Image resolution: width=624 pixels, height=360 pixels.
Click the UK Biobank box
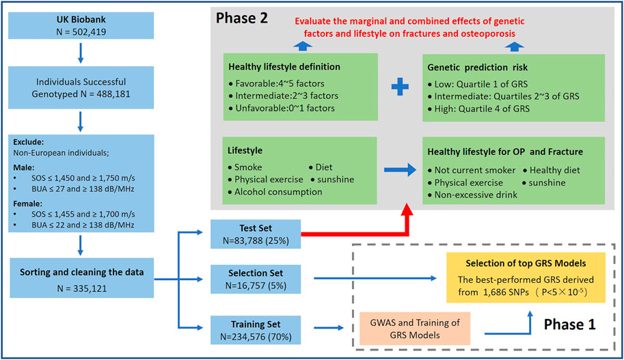point(81,25)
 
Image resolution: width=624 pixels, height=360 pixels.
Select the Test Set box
point(256,234)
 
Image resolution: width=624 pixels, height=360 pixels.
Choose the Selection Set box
point(256,279)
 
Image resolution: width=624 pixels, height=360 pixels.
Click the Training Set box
point(256,330)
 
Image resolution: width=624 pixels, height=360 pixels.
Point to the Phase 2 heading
point(241,18)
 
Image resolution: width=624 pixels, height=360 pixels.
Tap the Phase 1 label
point(569,324)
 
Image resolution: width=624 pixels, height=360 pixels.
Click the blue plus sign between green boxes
point(400,86)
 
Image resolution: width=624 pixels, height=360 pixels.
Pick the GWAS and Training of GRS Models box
point(415,329)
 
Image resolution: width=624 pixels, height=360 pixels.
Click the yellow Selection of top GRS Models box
point(526,277)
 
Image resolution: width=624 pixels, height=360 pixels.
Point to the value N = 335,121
point(82,289)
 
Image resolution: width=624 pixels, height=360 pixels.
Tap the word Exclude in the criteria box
point(28,142)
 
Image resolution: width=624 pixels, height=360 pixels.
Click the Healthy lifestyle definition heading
point(284,67)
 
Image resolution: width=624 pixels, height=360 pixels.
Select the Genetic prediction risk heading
point(477,68)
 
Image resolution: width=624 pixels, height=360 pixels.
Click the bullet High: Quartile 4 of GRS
point(478,109)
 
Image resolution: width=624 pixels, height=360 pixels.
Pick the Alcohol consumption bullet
point(275,192)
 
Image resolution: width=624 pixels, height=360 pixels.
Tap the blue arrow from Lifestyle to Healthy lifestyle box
point(400,170)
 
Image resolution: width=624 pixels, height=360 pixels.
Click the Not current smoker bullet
point(472,170)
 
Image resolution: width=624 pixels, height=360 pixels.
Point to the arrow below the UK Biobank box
point(81,53)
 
